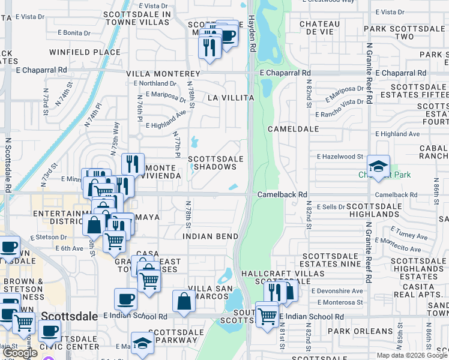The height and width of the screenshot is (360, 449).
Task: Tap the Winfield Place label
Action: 94,52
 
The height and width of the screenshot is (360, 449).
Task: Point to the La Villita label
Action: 228,97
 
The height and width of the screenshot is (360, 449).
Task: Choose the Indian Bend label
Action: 210,236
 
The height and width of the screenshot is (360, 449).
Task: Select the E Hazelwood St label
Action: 340,157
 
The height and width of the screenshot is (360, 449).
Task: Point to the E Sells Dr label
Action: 331,206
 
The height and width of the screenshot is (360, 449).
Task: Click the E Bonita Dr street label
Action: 80,32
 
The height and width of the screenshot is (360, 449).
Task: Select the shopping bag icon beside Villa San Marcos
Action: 184,302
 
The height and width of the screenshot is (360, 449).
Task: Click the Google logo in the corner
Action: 20,353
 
